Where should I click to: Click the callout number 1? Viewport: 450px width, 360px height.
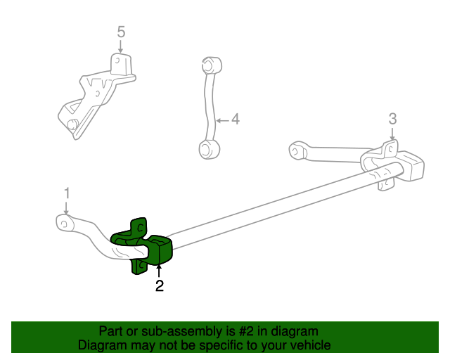point(67,193)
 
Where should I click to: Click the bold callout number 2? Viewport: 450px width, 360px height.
point(160,285)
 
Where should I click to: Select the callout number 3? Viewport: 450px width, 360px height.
point(392,118)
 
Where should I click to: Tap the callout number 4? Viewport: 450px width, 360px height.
point(236,120)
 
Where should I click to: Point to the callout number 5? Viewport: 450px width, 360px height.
point(121,32)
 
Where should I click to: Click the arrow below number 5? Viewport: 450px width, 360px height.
point(121,46)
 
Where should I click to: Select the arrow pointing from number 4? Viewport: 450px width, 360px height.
point(221,120)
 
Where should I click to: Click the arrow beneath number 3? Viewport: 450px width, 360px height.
point(392,134)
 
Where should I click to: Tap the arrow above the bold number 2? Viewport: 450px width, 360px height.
point(160,270)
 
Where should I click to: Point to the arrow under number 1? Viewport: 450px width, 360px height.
point(66,207)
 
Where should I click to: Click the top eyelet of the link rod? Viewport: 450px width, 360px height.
point(208,65)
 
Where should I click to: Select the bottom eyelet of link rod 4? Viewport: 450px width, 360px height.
point(206,148)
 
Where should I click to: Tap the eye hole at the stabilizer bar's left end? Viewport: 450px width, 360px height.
point(64,223)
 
